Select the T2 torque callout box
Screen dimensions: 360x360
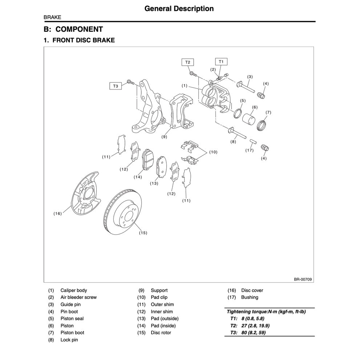(x=188, y=62)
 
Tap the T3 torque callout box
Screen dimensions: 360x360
(x=115, y=86)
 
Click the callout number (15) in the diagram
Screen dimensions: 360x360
(x=143, y=233)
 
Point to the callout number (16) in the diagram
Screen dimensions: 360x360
(x=57, y=214)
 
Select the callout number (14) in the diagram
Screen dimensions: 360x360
(x=137, y=177)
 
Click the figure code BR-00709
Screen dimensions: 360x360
(x=303, y=279)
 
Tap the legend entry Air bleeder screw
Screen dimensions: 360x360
(x=78, y=297)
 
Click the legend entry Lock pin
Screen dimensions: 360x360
(x=69, y=340)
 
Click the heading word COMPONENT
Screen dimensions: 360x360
(x=79, y=29)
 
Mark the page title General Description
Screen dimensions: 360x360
(x=179, y=8)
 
